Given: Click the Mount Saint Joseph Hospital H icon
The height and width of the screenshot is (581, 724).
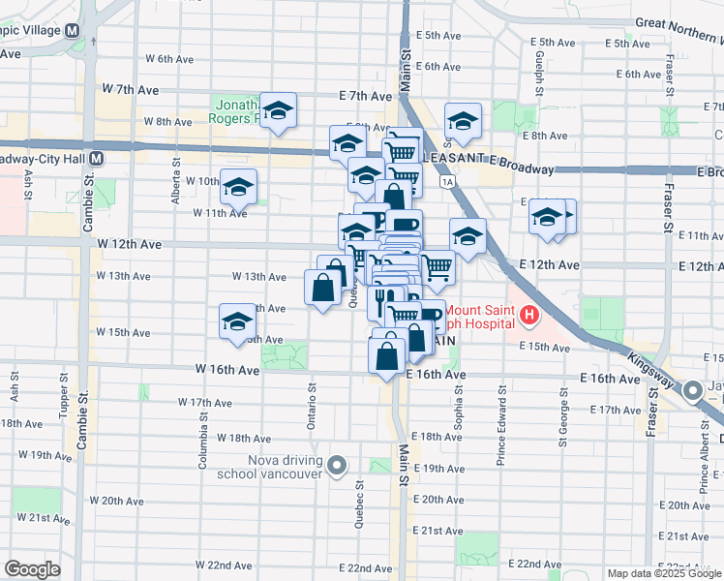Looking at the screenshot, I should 529,315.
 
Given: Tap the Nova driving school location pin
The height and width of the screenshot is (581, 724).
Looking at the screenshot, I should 337,467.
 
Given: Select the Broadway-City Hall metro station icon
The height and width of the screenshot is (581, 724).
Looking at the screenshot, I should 97,158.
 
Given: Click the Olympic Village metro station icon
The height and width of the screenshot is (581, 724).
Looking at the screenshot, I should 73,30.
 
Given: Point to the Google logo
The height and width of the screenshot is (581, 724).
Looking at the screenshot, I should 32,569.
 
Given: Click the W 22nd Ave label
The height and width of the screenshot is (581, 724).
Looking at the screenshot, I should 224,565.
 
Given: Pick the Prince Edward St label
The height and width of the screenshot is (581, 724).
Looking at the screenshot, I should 501,429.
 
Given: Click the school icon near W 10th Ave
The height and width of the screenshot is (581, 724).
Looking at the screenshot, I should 237,186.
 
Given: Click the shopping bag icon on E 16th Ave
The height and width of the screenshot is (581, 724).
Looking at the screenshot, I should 387,353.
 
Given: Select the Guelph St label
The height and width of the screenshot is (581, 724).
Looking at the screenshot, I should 538,68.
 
